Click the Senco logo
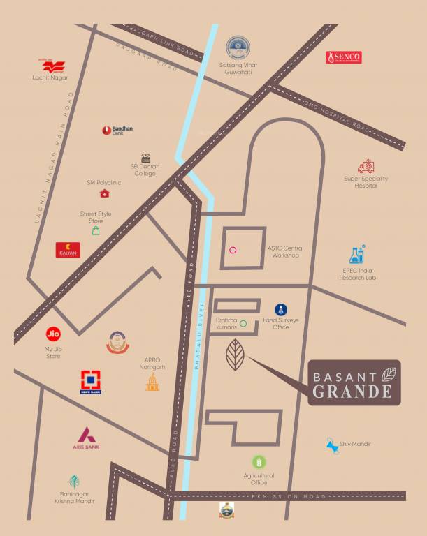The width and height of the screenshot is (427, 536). pyautogui.click(x=343, y=58)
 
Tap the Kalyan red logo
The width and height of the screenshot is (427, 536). pyautogui.click(x=68, y=250)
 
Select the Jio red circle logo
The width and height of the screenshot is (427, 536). pyautogui.click(x=52, y=334)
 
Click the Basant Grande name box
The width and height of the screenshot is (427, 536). pyautogui.click(x=354, y=382)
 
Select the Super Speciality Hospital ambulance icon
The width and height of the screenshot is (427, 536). pyautogui.click(x=366, y=166)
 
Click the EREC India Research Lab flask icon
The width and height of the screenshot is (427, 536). pyautogui.click(x=357, y=254)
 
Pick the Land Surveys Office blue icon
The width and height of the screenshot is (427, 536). pyautogui.click(x=280, y=309)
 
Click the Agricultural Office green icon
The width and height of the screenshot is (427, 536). pyautogui.click(x=259, y=462)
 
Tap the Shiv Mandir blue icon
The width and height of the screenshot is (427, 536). pyautogui.click(x=332, y=445)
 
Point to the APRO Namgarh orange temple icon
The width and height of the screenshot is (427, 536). pyautogui.click(x=152, y=382)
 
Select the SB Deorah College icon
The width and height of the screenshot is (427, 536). pyautogui.click(x=145, y=158)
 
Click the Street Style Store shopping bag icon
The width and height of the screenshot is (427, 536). pyautogui.click(x=95, y=230)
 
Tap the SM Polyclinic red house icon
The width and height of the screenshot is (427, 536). pyautogui.click(x=104, y=193)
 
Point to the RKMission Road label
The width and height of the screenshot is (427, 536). pyautogui.click(x=288, y=496)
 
